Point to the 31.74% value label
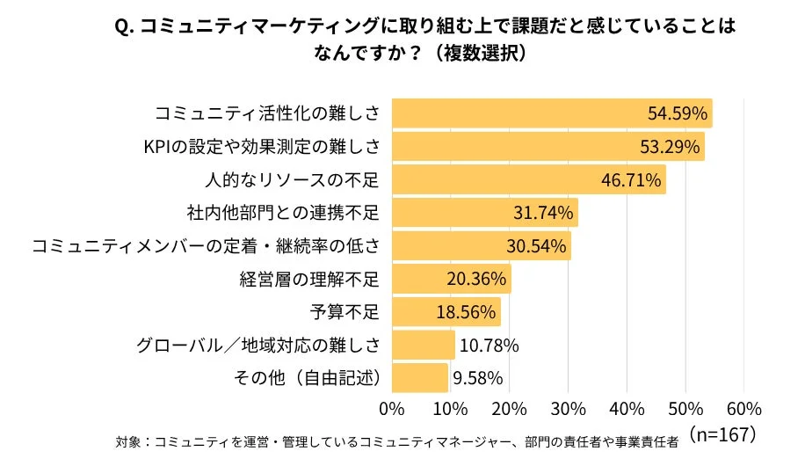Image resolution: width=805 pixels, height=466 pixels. pyautogui.click(x=543, y=213)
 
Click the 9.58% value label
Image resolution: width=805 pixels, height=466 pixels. pyautogui.click(x=477, y=378)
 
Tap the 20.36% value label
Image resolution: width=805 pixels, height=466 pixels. pyautogui.click(x=476, y=280)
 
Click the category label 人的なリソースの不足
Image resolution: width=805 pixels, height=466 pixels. pyautogui.click(x=292, y=180)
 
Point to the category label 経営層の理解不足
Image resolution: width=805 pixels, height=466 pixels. pyautogui.click(x=309, y=280)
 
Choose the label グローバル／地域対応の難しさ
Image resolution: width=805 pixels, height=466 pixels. pyautogui.click(x=258, y=346)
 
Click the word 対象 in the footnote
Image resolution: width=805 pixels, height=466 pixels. pyautogui.click(x=127, y=441)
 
